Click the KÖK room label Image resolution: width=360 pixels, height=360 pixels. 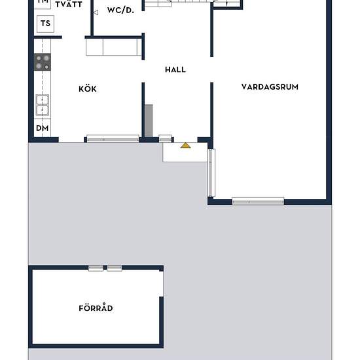pyautogui.click(x=88, y=89)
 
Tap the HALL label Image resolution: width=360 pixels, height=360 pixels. pyautogui.click(x=175, y=69)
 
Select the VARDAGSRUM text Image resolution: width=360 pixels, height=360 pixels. pyautogui.click(x=270, y=86)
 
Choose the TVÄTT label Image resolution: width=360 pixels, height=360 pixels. pyautogui.click(x=69, y=4)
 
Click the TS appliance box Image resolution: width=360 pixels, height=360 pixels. pyautogui.click(x=45, y=24)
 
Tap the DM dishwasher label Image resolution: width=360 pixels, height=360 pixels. pyautogui.click(x=43, y=128)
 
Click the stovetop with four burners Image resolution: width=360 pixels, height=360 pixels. pyautogui.click(x=43, y=62)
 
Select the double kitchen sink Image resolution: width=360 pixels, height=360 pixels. pyautogui.click(x=43, y=105)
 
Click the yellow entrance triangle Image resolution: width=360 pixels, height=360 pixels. pyautogui.click(x=186, y=145)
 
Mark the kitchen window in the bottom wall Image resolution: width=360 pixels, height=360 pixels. pyautogui.click(x=113, y=139)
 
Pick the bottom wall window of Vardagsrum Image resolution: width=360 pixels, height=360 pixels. pyautogui.click(x=258, y=201)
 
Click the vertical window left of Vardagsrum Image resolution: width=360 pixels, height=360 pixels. pyautogui.click(x=211, y=173)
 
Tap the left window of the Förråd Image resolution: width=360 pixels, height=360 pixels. pyautogui.click(x=96, y=268)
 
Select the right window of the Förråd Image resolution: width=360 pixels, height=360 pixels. pyautogui.click(x=115, y=268)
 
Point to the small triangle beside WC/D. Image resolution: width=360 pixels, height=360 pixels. pyautogui.click(x=96, y=11)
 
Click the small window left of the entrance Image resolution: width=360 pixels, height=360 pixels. pyautogui.click(x=166, y=139)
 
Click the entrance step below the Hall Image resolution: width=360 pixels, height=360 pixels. pyautogui.click(x=186, y=152)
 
